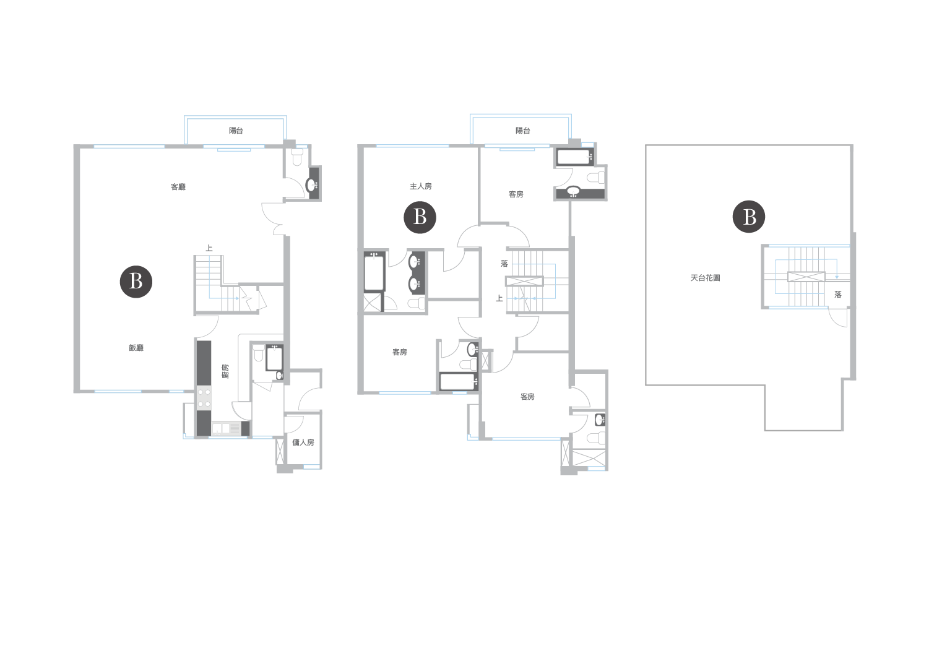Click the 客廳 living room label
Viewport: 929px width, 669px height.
178,187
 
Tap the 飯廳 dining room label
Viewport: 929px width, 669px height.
136,348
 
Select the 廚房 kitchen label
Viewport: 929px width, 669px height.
225,371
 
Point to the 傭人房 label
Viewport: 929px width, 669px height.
303,442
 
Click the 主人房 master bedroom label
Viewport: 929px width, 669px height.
420,187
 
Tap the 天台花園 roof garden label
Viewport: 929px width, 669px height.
705,278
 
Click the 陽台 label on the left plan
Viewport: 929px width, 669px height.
236,131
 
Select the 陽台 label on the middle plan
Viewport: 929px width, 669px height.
522,131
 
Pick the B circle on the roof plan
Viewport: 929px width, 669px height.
749,217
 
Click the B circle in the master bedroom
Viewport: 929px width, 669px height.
420,217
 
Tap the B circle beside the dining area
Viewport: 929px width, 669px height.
136,282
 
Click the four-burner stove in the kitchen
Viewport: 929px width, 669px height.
204,398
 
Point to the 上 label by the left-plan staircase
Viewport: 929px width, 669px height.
209,248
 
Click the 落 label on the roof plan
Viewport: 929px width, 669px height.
838,295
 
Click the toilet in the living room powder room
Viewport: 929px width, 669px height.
296,157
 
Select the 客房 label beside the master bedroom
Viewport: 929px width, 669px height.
516,194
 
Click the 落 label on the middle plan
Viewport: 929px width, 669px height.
504,264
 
